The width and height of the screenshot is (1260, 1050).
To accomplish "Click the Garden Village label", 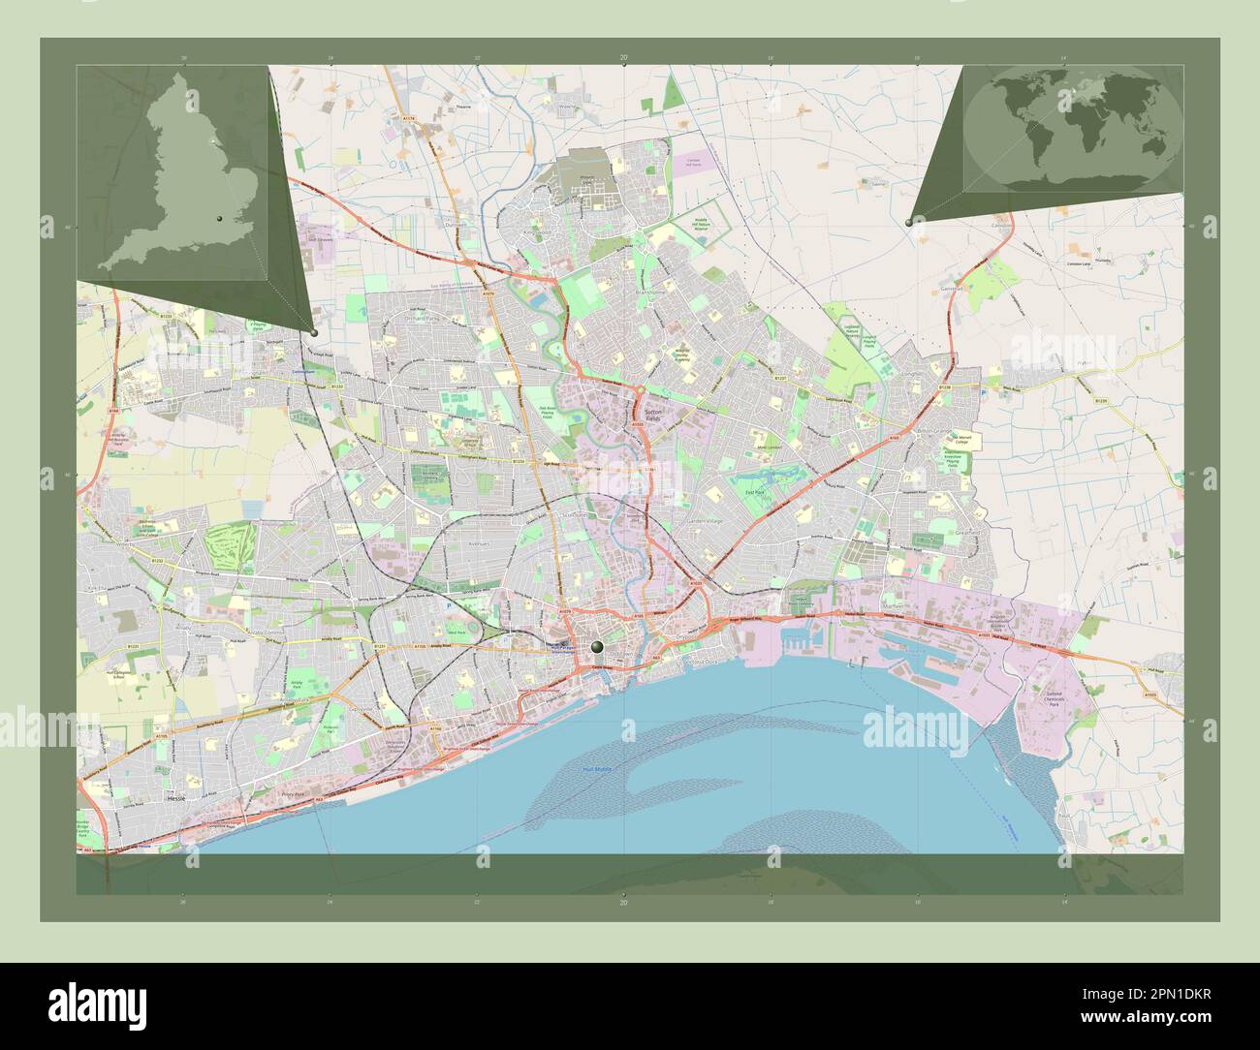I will pyautogui.click(x=705, y=521).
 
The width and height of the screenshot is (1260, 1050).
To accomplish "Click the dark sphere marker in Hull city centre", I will pyautogui.click(x=598, y=646).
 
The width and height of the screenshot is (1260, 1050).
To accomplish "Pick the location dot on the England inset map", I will pyautogui.click(x=221, y=220).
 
